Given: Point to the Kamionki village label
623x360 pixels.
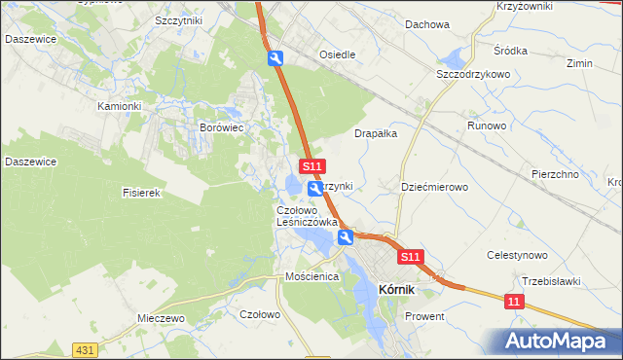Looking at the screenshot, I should [x=120, y=106].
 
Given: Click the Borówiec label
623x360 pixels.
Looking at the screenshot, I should [x=220, y=127].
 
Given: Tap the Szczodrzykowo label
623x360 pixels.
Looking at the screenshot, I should [x=474, y=74].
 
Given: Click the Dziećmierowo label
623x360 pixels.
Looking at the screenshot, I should [x=435, y=186].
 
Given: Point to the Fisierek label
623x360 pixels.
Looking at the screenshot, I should [x=141, y=193].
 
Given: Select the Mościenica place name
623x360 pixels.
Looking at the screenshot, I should [x=311, y=276].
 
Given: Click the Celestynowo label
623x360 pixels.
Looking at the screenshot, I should [x=519, y=255].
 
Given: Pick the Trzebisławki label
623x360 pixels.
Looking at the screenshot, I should [x=551, y=281].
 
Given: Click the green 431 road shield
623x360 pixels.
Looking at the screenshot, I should [x=85, y=349].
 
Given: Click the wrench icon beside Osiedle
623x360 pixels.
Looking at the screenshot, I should [x=276, y=59].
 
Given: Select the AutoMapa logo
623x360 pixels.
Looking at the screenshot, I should [x=558, y=341].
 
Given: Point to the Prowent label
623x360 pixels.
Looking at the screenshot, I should [x=424, y=316].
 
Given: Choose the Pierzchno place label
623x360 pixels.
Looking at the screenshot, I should [x=556, y=174].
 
